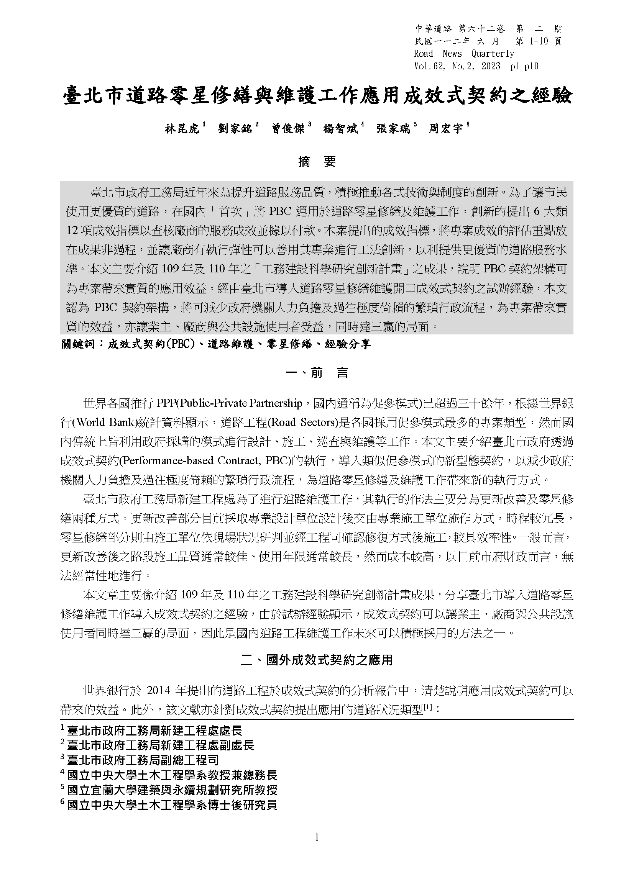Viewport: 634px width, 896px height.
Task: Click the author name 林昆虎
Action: point(182,129)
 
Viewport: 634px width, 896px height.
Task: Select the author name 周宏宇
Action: point(445,129)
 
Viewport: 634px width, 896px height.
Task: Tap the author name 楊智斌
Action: point(340,129)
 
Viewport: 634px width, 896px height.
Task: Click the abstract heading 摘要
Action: point(317,162)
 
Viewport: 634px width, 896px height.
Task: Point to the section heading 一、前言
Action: point(317,373)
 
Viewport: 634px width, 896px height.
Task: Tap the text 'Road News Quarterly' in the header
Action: point(464,54)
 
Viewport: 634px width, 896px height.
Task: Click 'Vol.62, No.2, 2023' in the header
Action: point(457,66)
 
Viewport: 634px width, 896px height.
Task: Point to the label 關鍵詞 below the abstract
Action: point(78,344)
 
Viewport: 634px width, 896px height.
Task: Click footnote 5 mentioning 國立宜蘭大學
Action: point(172,790)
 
